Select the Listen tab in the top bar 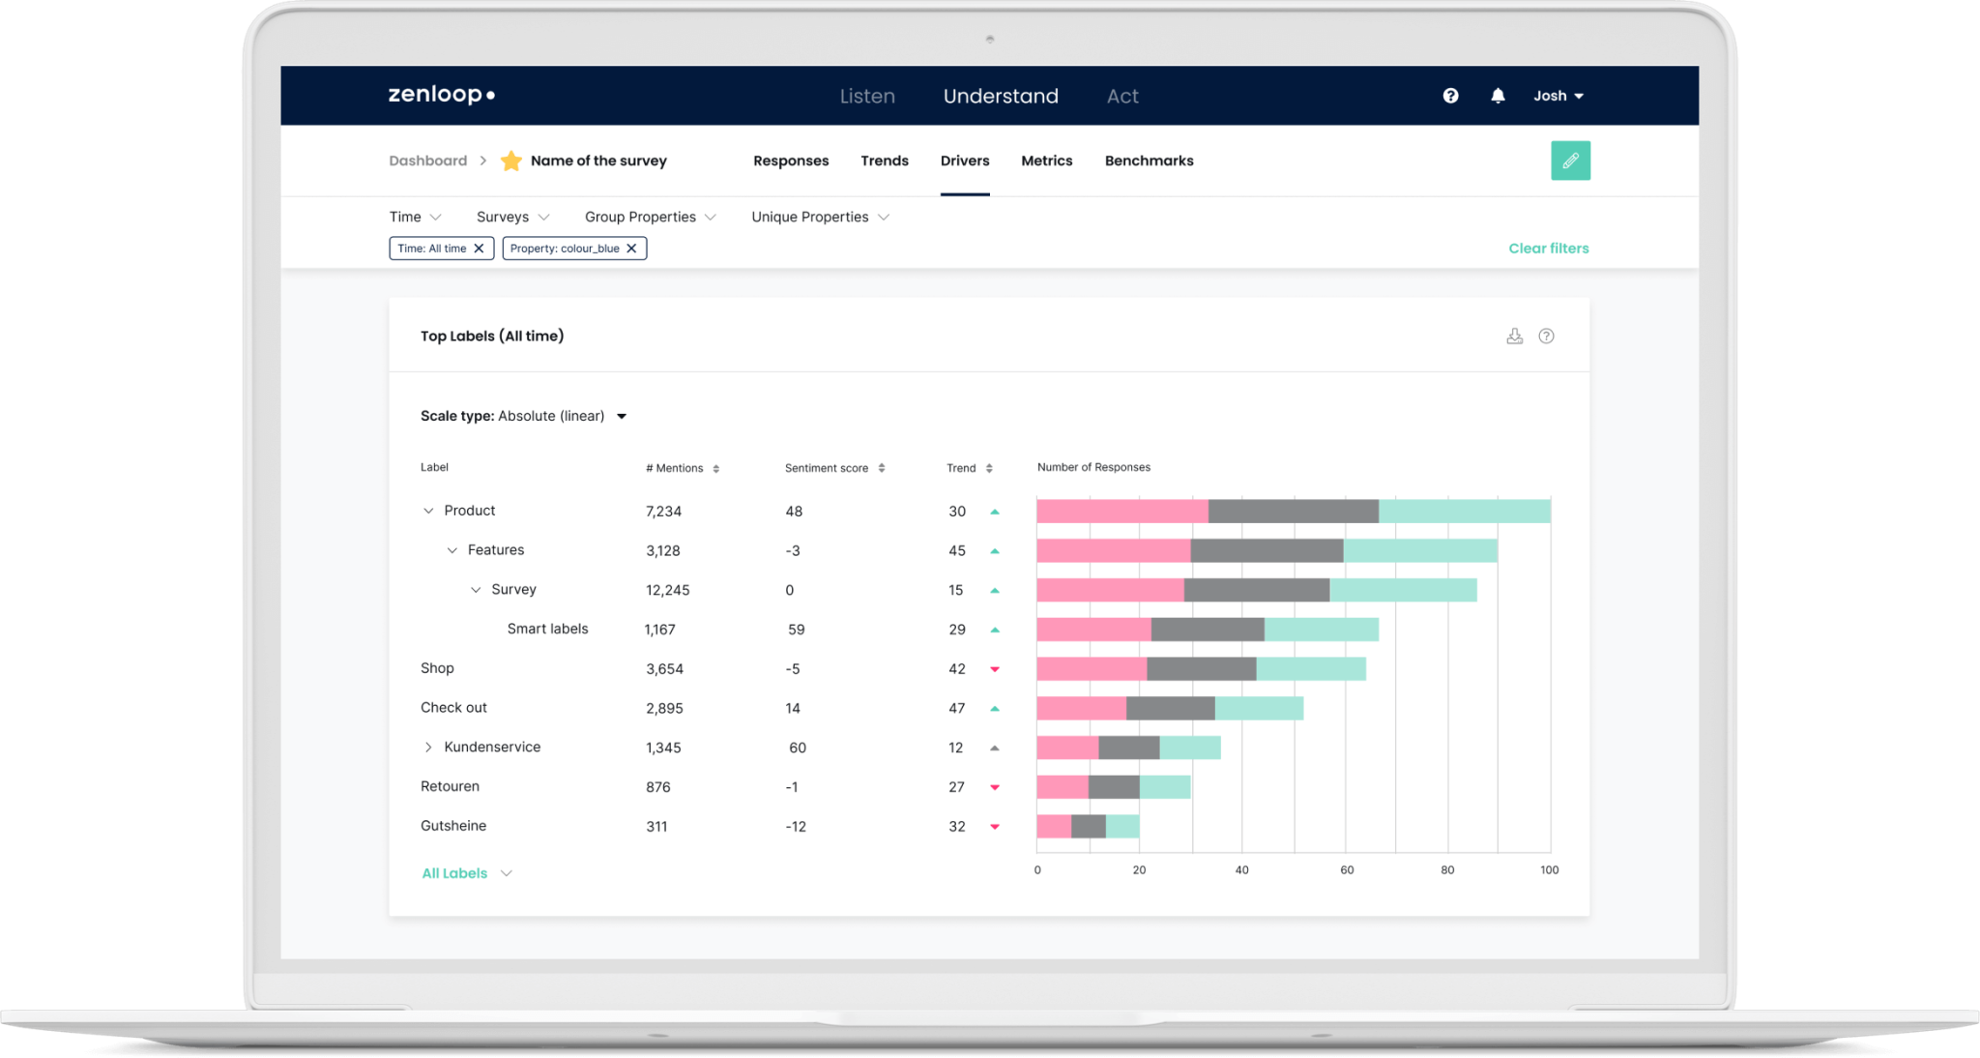coord(866,96)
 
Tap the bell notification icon coord(1498,96)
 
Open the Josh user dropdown coord(1558,96)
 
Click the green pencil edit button coord(1570,161)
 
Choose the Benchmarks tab coord(1149,161)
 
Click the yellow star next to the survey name coord(511,161)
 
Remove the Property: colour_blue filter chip coord(631,249)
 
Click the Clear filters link coord(1548,249)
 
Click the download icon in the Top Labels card coord(1514,337)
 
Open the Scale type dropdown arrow coord(622,417)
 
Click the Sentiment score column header coord(827,468)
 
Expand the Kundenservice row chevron coord(428,748)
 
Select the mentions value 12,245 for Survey coord(667,590)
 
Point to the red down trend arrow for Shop coord(994,669)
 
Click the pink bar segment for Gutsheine coord(1053,827)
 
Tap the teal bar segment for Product coord(1464,512)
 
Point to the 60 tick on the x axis coord(1346,870)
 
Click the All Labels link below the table coord(454,873)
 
